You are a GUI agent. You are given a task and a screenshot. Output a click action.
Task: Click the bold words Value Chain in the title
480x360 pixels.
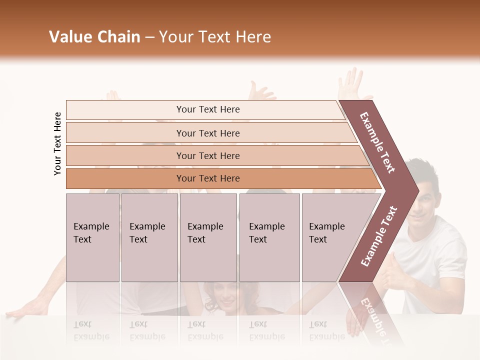(94, 37)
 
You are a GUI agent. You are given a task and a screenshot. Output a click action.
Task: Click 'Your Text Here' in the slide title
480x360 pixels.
(215, 37)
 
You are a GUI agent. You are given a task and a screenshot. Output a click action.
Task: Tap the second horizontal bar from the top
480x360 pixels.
(207, 133)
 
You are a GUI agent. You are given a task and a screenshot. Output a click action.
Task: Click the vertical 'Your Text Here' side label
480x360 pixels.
(57, 143)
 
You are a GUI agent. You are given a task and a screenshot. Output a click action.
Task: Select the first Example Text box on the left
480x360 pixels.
(92, 237)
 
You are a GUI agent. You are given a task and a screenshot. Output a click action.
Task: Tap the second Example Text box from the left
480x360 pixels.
(149, 237)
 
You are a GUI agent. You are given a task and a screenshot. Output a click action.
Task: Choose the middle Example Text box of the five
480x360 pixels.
(208, 237)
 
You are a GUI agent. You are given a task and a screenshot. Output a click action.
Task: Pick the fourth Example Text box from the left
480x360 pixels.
(269, 237)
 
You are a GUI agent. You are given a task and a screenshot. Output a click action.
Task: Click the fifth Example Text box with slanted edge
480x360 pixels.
(330, 237)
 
